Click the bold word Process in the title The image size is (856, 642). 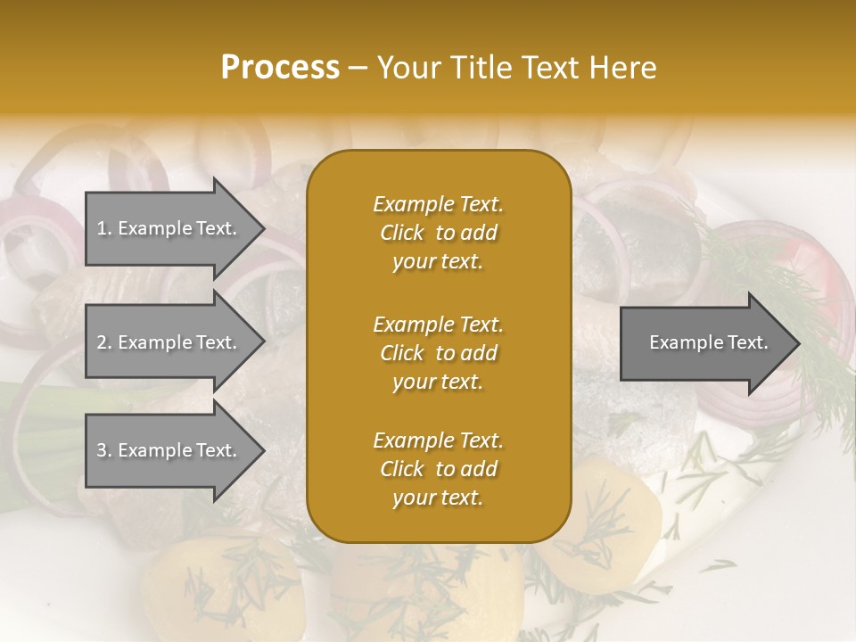tap(280, 68)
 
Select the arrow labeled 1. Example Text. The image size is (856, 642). tap(169, 228)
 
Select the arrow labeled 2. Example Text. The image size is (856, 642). tap(169, 342)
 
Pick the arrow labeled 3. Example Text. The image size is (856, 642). tap(169, 450)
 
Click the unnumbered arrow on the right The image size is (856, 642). tap(704, 343)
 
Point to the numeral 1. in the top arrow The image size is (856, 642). tap(104, 228)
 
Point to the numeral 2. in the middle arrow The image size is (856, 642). tap(104, 342)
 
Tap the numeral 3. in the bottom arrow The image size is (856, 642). tap(104, 450)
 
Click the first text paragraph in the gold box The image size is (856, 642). tap(438, 233)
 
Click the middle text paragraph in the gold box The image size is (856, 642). tap(438, 353)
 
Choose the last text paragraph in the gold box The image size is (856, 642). tap(438, 469)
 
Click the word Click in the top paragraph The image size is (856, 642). tap(402, 234)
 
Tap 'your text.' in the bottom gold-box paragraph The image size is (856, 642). tap(438, 498)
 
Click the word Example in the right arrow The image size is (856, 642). tap(680, 342)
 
